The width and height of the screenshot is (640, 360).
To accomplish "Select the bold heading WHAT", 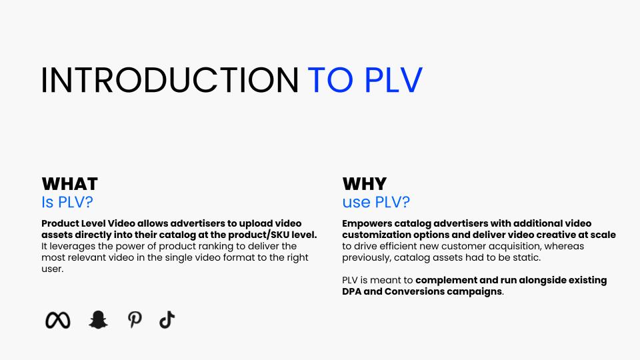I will tap(69, 184).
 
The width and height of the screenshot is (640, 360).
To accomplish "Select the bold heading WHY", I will tap(364, 184).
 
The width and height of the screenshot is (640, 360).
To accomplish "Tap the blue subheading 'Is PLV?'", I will tap(66, 202).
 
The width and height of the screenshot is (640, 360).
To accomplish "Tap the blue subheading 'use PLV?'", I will tap(376, 202).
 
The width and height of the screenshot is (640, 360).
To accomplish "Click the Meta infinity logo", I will tap(57, 321).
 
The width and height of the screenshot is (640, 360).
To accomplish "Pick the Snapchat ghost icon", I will tap(98, 321).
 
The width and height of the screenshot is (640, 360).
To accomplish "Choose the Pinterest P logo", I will tap(135, 321).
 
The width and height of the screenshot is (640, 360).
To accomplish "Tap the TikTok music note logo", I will tap(167, 321).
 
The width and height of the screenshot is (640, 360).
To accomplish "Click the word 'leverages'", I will tap(73, 246).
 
